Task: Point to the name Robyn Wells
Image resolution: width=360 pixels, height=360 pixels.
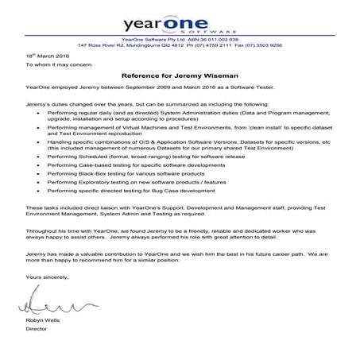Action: [41, 319]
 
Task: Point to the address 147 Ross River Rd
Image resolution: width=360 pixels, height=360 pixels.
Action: [104, 45]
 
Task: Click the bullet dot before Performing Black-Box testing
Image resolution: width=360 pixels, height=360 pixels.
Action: [40, 172]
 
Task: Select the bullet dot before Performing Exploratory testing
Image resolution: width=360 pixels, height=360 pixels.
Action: [40, 182]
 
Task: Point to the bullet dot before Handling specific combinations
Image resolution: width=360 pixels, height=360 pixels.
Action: [40, 141]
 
